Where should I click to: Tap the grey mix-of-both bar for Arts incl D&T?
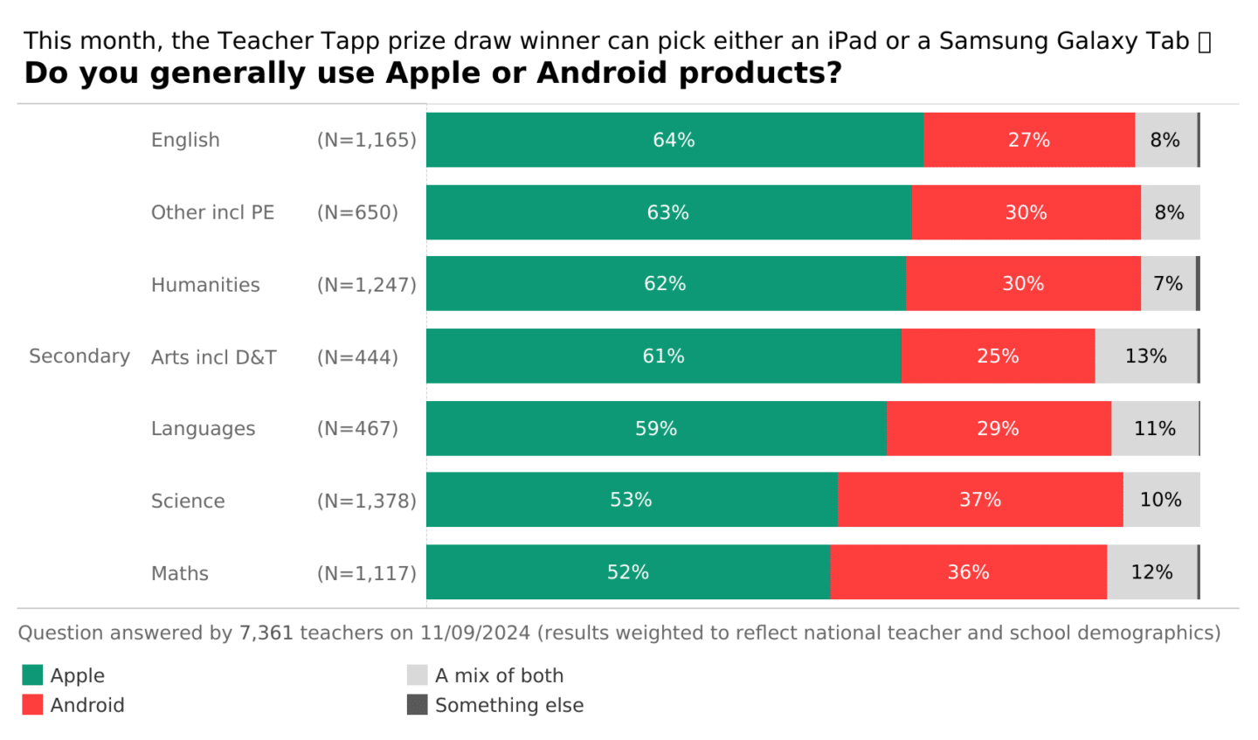pos(1145,356)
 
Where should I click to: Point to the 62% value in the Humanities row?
pos(665,284)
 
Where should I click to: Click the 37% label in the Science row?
pos(980,500)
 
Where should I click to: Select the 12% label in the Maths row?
pos(1151,572)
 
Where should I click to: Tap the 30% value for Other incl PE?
pos(1026,212)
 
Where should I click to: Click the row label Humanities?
pos(205,285)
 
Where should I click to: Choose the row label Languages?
pos(203,429)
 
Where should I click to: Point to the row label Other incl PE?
pos(212,212)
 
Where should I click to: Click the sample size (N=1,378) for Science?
pos(366,501)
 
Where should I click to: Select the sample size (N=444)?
pos(357,356)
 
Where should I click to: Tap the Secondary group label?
pos(79,356)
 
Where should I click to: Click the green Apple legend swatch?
pos(32,675)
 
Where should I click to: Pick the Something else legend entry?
pos(508,705)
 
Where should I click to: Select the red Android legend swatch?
pos(32,705)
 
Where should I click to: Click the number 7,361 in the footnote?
pos(266,633)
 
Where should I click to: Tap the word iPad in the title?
pos(853,41)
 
